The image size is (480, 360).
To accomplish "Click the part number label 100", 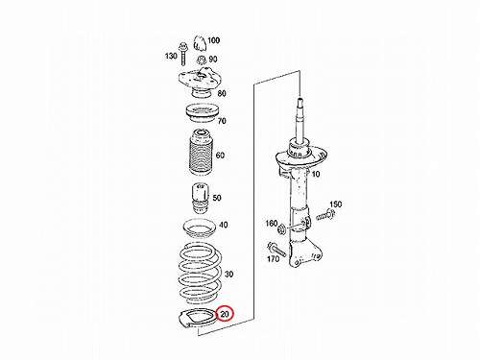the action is point(213,40).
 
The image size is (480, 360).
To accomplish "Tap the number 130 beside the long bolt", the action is point(171,56).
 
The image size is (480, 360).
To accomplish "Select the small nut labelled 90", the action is point(201,60).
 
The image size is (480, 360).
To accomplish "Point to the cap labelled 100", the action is point(199,43).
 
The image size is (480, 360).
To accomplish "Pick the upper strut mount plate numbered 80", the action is point(199,83).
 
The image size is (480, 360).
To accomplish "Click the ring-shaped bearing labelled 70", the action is point(203,113).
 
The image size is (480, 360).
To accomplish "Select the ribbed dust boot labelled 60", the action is point(201,152).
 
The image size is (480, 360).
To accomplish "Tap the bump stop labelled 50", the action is point(200,199).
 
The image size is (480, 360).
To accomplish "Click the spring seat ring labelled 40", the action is point(199,228).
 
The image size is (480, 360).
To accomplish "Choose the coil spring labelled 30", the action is point(200,274).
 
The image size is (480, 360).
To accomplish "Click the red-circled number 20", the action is point(225,314).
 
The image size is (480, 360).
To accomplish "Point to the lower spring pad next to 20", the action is point(199,319).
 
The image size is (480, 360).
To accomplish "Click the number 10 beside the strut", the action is point(316,175).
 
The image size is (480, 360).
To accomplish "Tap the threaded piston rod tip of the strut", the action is point(300,104).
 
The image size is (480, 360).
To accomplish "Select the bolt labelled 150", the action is point(325,215).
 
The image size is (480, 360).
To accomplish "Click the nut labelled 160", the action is point(282,229).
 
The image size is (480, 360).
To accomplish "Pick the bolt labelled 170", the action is point(276,250).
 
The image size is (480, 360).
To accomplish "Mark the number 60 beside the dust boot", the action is point(220,156).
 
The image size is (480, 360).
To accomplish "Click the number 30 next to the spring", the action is point(229,275).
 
